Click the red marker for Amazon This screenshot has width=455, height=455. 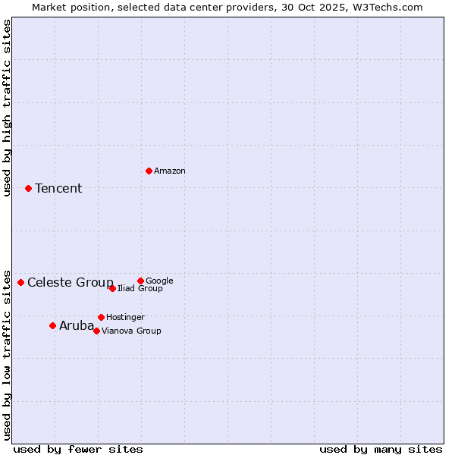tap(149, 171)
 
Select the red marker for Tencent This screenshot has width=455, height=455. tap(28, 188)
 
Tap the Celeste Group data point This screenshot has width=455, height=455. tap(20, 282)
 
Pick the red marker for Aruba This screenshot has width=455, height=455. tap(52, 325)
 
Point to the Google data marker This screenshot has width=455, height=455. tap(140, 281)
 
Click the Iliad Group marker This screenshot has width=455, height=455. tap(112, 288)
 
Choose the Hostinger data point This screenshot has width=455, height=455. tap(101, 317)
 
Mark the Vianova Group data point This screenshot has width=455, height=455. tap(96, 331)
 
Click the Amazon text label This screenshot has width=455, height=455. tap(170, 171)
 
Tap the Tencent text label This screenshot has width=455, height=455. tap(58, 189)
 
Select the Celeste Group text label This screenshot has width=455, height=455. tap(71, 283)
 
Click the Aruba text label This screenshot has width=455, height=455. tap(77, 326)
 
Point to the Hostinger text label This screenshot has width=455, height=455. tap(125, 318)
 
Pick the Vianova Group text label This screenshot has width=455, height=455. tap(131, 331)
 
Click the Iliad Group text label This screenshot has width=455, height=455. tap(140, 289)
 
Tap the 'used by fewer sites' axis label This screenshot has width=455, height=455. tap(78, 450)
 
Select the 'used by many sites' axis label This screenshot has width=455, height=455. tap(381, 450)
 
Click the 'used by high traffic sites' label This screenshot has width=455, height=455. tap(8, 108)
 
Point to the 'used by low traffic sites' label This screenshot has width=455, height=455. tap(8, 354)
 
